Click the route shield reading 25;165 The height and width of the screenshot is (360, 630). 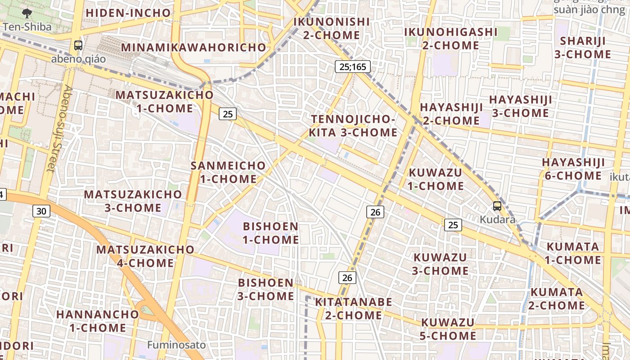(x=353, y=67)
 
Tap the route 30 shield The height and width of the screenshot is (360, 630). (x=41, y=211)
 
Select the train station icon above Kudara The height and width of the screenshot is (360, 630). (x=497, y=206)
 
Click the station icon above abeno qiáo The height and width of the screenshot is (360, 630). (x=78, y=45)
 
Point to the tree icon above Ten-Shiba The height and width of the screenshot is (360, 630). (x=27, y=13)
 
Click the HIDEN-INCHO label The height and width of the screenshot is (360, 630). (x=128, y=13)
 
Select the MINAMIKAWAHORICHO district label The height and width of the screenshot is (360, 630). (x=193, y=47)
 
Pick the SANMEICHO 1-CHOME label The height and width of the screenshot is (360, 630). (x=228, y=172)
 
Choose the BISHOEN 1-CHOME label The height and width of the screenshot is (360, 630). (x=271, y=233)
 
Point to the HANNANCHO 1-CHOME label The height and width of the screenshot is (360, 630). (x=98, y=320)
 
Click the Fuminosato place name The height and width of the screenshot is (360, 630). (x=177, y=345)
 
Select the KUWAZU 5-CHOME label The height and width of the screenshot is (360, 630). (x=448, y=329)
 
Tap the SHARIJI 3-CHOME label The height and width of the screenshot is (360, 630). (x=585, y=47)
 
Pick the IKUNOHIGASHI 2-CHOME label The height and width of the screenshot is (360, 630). (x=451, y=39)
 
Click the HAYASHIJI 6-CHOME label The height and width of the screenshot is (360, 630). (x=573, y=169)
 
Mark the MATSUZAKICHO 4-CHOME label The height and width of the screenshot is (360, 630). (x=145, y=256)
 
